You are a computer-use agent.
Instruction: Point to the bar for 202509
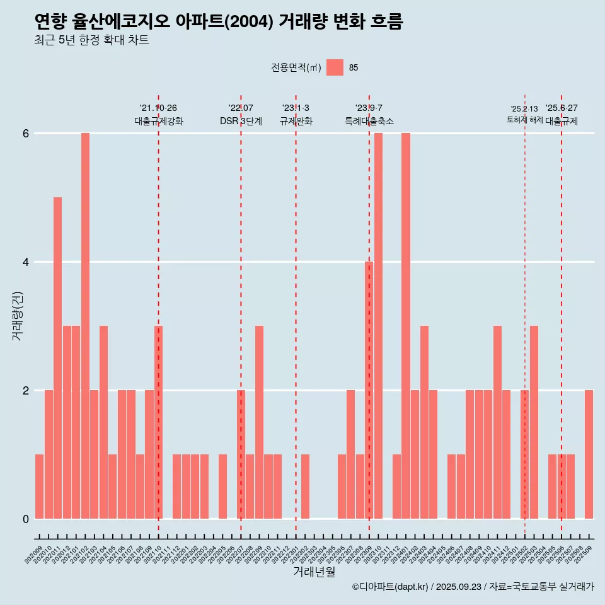589,454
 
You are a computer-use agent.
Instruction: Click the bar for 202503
534,422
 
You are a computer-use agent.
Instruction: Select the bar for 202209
259,422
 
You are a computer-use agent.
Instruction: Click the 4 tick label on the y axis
26,262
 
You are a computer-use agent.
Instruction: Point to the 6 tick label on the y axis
26,134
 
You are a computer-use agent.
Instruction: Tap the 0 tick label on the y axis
26,519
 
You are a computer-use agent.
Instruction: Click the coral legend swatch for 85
335,67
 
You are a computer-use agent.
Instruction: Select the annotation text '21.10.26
158,108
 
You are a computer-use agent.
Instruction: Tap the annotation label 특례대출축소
369,121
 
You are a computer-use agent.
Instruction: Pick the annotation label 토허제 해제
524,120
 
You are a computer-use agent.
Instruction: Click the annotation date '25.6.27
561,108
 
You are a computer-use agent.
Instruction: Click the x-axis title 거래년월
314,572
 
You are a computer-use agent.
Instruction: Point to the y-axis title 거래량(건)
18,315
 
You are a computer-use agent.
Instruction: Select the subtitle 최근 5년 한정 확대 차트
91,40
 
